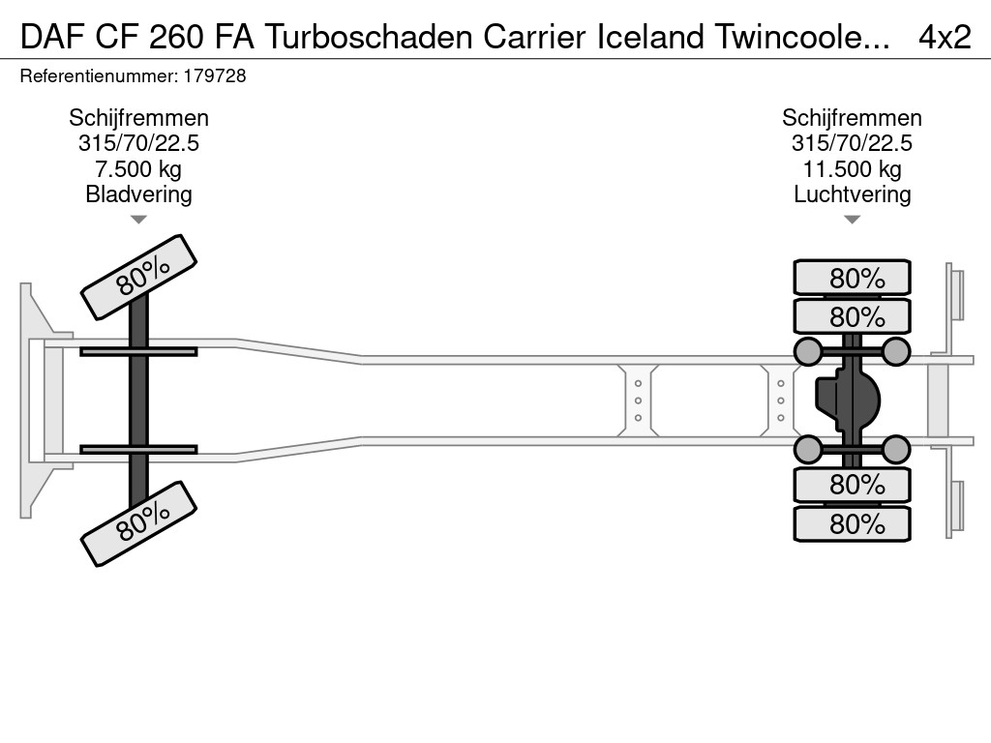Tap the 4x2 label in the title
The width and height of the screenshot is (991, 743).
tap(944, 37)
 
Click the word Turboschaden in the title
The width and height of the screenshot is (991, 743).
tap(369, 37)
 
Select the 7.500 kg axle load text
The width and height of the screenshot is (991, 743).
tap(138, 169)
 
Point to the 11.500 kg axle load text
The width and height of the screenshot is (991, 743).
tap(852, 169)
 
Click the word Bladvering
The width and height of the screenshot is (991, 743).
tap(138, 194)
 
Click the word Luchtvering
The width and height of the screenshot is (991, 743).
tap(852, 194)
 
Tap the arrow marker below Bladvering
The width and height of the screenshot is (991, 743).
tap(138, 220)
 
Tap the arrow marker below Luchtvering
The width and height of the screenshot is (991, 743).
tap(852, 220)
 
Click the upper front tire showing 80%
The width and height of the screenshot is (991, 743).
tap(138, 277)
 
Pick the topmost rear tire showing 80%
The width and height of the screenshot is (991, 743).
tap(852, 278)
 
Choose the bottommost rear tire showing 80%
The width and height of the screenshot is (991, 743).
tap(852, 523)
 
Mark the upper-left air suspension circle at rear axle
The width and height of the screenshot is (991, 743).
tap(807, 351)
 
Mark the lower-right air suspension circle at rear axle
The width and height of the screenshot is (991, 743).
tap(896, 449)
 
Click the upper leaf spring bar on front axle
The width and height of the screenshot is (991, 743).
tap(138, 351)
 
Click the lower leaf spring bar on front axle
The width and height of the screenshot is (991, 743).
tap(138, 449)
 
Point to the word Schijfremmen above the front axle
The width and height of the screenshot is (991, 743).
tap(138, 118)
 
